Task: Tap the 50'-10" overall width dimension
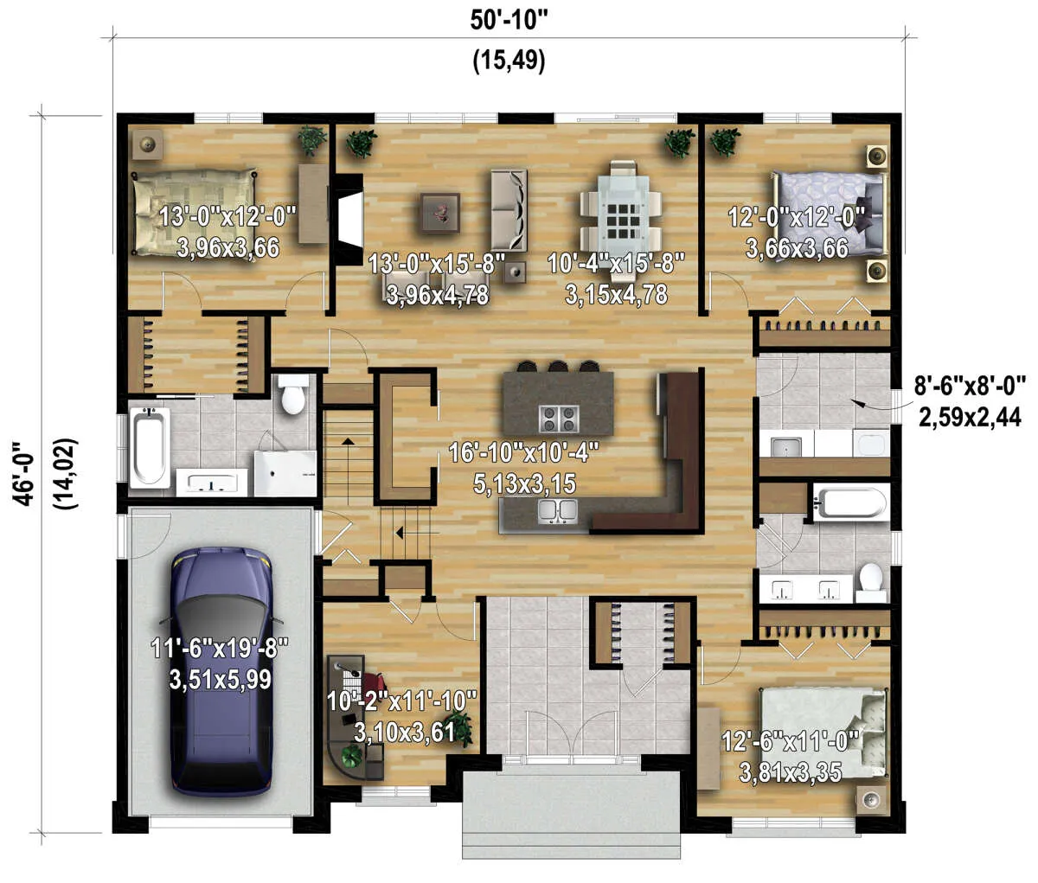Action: click(x=509, y=22)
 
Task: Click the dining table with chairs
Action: click(x=620, y=207)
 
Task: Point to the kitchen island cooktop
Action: click(x=559, y=419)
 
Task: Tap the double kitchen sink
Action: click(x=556, y=510)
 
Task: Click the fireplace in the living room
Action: click(x=349, y=217)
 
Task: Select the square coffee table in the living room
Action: click(x=440, y=213)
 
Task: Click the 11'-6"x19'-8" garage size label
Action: click(x=220, y=648)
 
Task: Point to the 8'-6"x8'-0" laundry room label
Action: click(x=969, y=387)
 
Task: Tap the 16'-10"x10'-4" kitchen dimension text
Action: click(x=524, y=452)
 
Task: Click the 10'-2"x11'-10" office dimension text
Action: click(x=401, y=701)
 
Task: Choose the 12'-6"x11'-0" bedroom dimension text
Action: click(x=790, y=741)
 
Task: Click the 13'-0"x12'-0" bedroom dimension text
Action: click(x=227, y=217)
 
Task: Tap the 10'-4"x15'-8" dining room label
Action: click(x=616, y=263)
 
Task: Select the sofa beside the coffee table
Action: click(x=509, y=210)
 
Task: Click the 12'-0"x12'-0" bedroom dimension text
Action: click(x=797, y=217)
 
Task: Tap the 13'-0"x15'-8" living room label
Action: click(x=437, y=263)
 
